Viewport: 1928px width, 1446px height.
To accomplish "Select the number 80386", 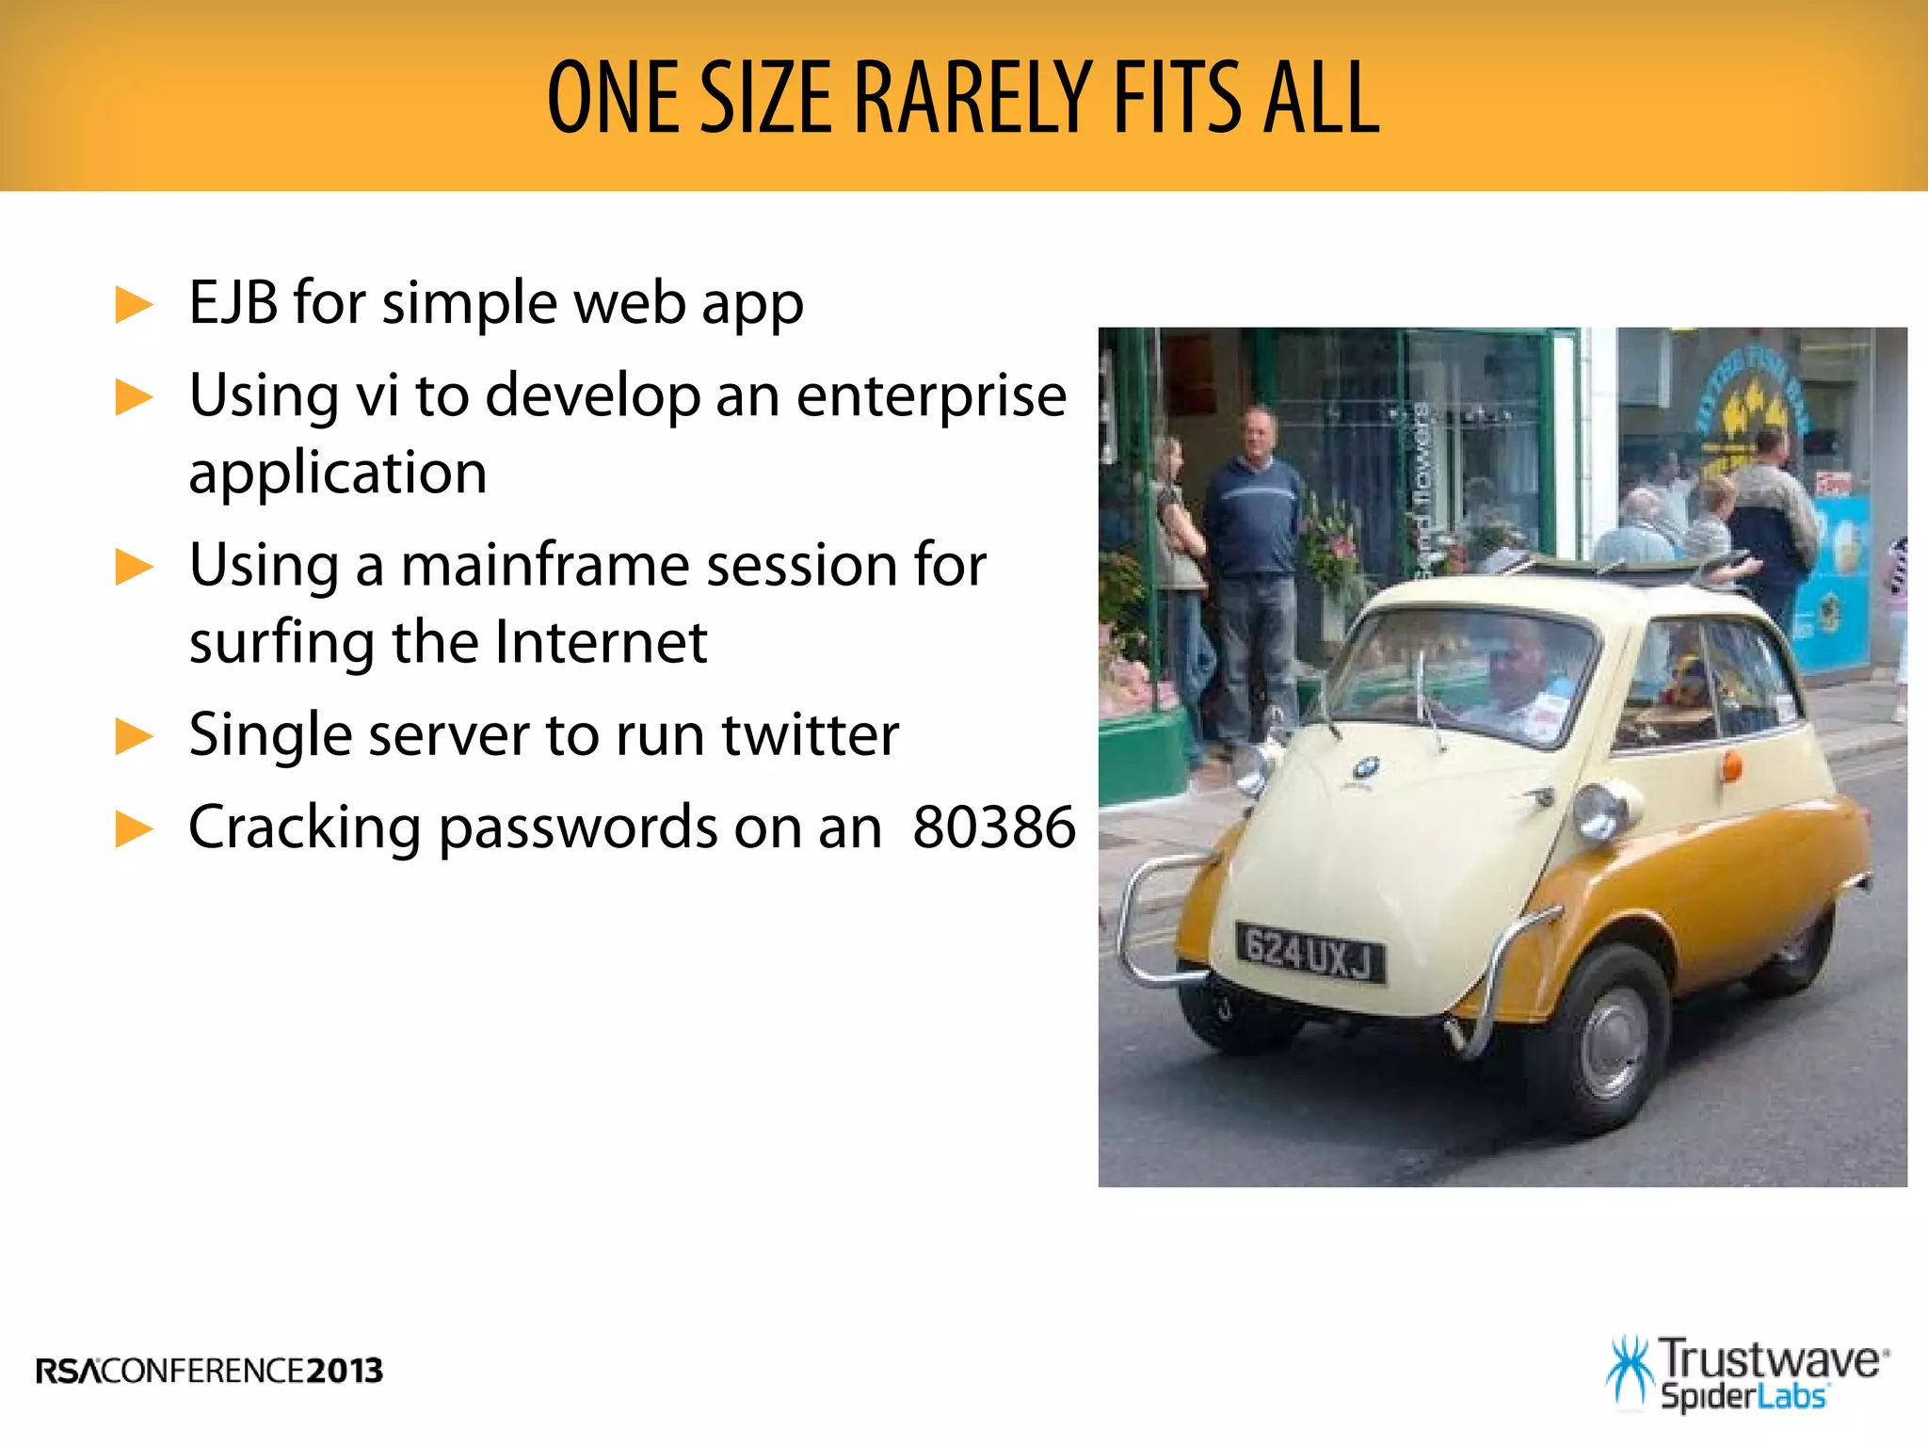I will tap(993, 827).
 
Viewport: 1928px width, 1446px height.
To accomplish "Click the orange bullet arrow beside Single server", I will tap(134, 736).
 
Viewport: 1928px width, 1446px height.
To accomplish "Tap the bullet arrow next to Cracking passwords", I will tap(134, 828).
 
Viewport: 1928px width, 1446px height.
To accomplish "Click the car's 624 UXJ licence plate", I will tap(1309, 953).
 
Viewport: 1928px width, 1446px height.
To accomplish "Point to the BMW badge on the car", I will tap(1366, 768).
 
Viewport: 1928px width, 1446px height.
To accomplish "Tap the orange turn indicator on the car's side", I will tap(1730, 766).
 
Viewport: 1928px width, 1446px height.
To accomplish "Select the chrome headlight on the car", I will tap(1599, 811).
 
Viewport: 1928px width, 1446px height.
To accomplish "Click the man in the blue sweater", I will tap(1253, 527).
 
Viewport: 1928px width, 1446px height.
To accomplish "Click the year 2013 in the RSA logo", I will tap(345, 1371).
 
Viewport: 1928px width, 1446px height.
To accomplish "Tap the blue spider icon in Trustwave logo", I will tap(1629, 1371).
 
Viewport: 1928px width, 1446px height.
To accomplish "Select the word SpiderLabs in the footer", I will tap(1743, 1395).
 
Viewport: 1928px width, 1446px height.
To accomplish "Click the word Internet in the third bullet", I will tap(601, 643).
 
